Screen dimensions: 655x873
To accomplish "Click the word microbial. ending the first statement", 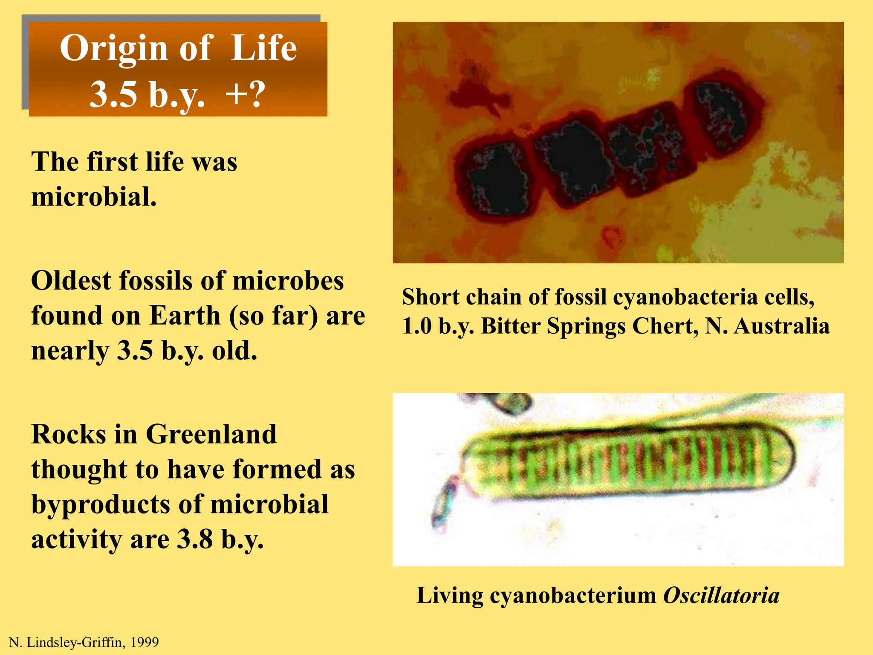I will [94, 197].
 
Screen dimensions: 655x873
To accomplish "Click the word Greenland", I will [211, 435].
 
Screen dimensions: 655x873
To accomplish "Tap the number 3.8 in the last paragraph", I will [195, 539].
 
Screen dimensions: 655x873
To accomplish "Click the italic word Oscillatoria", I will [721, 595].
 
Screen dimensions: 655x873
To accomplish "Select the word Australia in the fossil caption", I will [782, 326].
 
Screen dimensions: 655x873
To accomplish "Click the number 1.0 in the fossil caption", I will [416, 326].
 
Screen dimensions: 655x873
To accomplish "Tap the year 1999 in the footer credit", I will [145, 642].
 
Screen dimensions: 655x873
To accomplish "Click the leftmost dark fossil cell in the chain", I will [494, 179].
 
